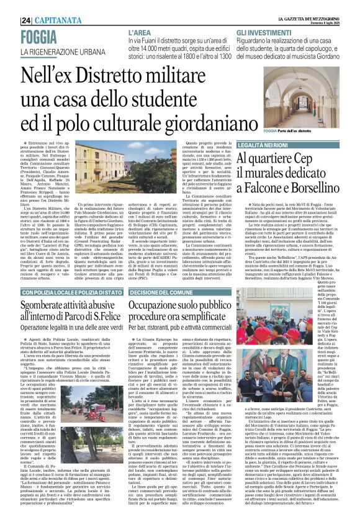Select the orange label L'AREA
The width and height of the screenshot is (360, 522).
(x=140, y=31)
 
